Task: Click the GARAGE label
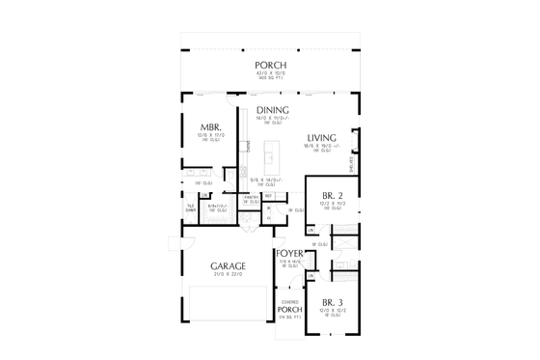coord(228,264)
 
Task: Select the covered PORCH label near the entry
coord(290,309)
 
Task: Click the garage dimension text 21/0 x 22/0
coord(228,274)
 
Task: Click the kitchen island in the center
coord(270,152)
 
